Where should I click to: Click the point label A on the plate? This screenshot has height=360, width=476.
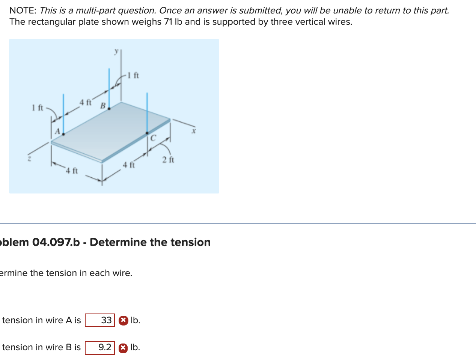[57, 131]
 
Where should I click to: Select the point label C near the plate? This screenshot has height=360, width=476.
[153, 138]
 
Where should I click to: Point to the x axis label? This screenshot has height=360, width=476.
[194, 131]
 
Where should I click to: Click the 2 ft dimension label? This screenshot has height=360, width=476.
[168, 160]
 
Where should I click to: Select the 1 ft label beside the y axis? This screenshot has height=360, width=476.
[133, 75]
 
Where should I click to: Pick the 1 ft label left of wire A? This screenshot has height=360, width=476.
[38, 108]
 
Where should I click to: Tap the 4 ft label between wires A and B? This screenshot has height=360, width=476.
[85, 102]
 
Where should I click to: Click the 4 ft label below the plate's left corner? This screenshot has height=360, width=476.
[71, 171]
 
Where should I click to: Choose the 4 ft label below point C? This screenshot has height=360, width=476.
[129, 165]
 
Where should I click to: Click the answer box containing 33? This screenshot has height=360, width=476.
[100, 320]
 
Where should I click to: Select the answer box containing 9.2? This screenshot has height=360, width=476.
[100, 348]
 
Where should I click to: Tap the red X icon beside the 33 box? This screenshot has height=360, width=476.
[123, 321]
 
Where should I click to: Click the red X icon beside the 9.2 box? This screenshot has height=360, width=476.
[123, 348]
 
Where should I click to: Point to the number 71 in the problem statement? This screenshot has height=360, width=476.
[168, 22]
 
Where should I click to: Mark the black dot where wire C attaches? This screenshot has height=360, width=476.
[147, 133]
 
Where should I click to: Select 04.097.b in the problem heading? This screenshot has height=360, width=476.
[56, 242]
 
